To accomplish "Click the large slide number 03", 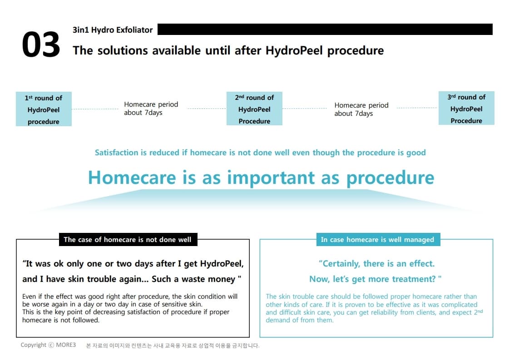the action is coord(41,44).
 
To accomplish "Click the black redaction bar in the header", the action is coord(325,29).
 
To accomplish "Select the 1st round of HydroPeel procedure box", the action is coord(44,109).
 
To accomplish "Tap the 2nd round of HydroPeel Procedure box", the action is coord(254,109).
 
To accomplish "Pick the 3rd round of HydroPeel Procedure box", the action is coord(466,108).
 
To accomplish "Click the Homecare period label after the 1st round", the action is coord(151,108).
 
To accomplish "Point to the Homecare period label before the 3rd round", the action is coord(361,109).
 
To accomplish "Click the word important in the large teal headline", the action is coord(271,178).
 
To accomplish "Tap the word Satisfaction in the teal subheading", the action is coord(117,153).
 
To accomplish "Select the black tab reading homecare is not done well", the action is coord(128,240).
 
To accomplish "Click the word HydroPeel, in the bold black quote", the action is coord(222,264).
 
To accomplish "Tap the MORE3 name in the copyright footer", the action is coord(66,345).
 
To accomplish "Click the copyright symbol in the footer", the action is coord(51,345).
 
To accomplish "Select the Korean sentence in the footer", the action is coord(173,346).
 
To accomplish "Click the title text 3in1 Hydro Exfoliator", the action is coord(113,30).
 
